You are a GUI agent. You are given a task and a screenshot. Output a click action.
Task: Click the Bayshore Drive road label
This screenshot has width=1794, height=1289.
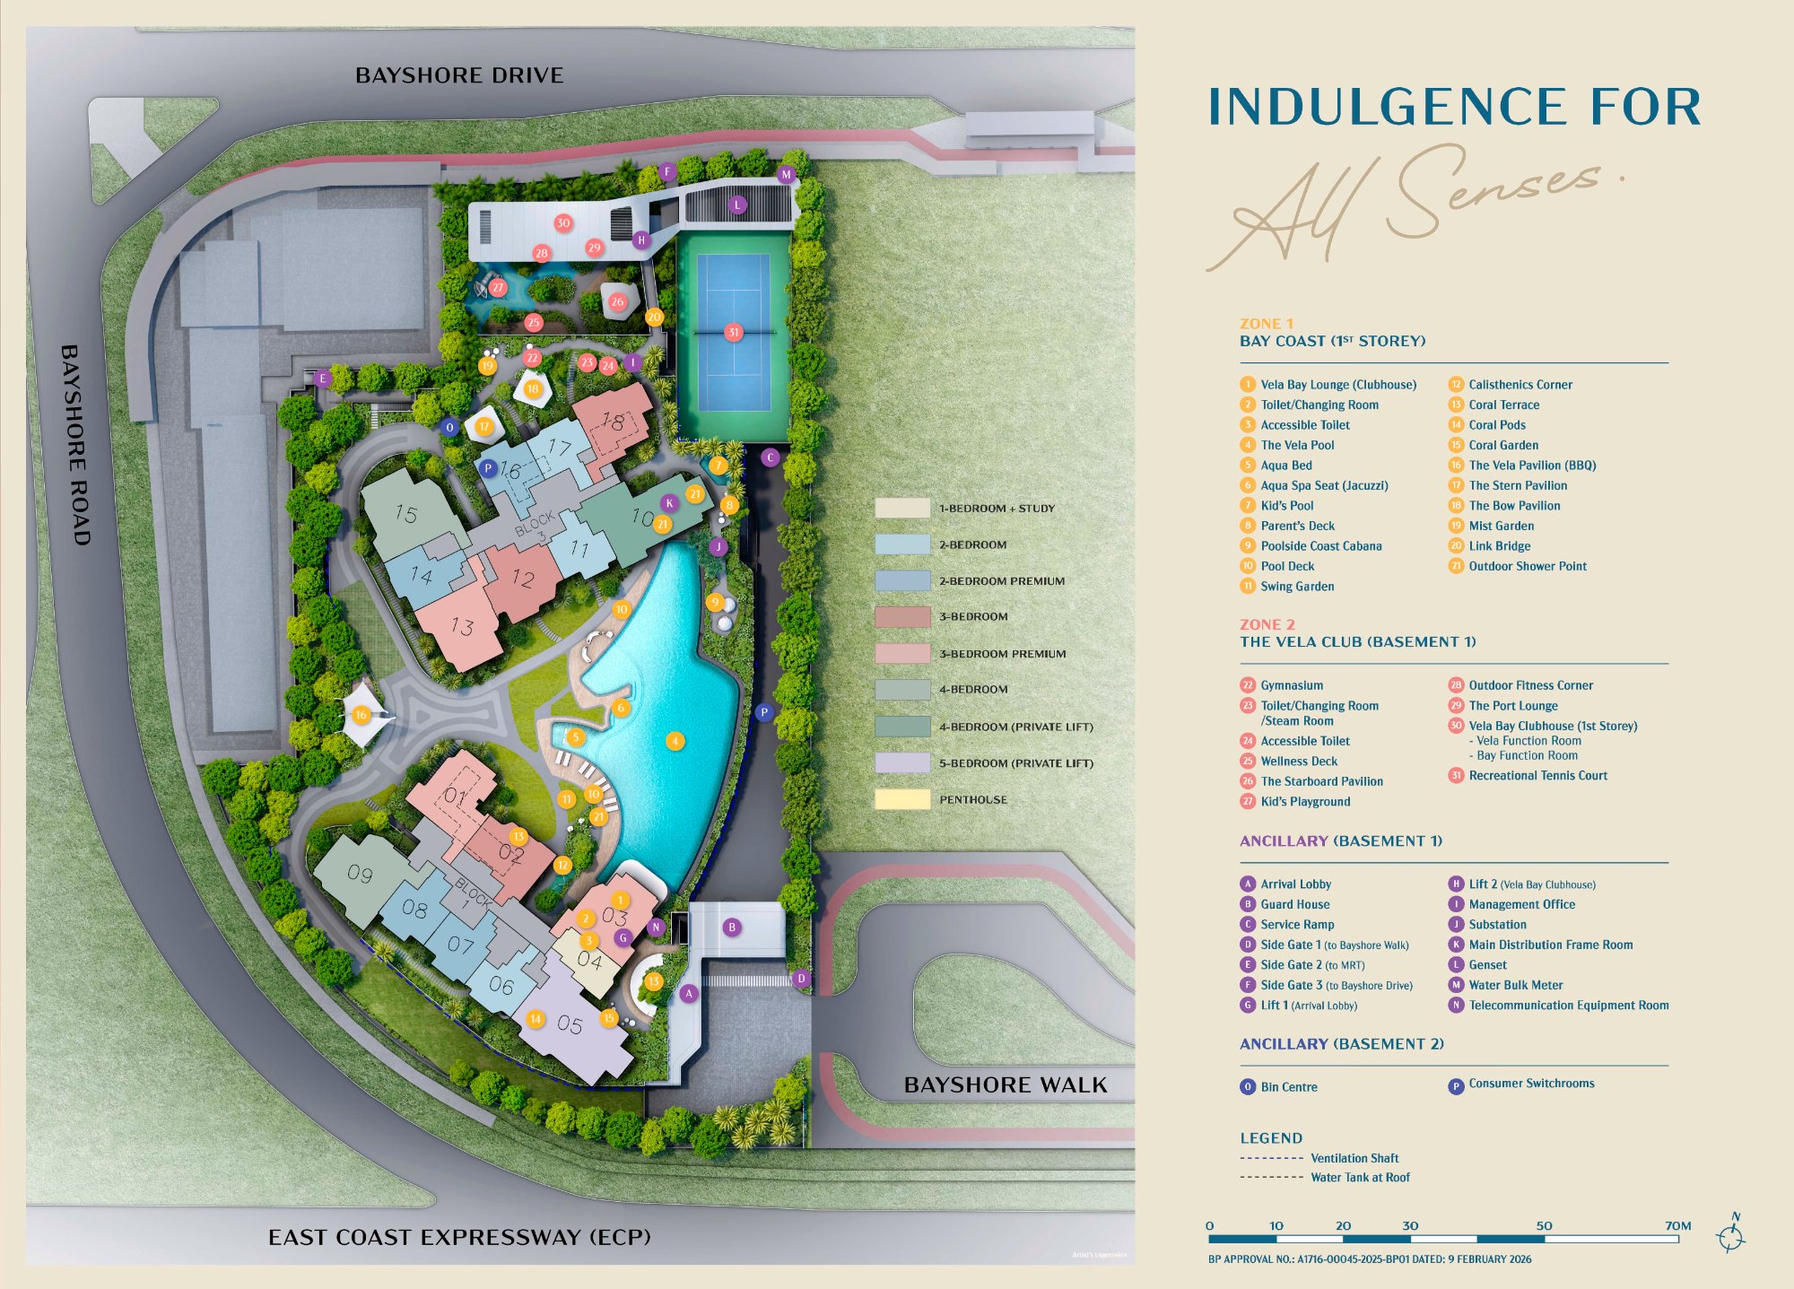[459, 75]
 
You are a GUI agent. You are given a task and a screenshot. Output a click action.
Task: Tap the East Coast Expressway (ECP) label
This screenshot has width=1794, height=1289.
[459, 1237]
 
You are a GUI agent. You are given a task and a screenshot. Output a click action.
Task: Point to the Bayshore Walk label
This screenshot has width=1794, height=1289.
[1006, 1085]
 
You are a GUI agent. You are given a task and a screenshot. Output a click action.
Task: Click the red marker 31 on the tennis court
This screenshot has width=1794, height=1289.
[734, 332]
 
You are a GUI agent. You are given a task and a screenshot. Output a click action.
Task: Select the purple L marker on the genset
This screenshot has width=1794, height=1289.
[737, 205]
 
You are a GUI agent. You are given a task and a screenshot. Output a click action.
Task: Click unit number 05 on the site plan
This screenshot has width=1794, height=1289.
[570, 1023]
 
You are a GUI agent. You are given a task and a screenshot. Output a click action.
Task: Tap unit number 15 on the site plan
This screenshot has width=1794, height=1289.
[406, 514]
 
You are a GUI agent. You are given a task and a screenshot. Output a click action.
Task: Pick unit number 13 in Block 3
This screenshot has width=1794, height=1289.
[462, 626]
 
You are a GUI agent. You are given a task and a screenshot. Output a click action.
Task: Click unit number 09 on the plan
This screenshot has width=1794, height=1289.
[360, 874]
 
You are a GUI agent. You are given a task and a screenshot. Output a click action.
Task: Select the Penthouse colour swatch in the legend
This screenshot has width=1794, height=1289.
[902, 799]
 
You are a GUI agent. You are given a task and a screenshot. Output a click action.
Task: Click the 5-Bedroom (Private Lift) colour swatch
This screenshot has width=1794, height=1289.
[902, 762]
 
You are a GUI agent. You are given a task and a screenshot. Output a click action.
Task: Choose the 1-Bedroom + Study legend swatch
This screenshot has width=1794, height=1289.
[902, 508]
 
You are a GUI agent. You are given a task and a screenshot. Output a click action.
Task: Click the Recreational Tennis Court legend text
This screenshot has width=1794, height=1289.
[1537, 776]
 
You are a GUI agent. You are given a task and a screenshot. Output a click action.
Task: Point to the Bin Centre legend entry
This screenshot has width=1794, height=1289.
[1288, 1087]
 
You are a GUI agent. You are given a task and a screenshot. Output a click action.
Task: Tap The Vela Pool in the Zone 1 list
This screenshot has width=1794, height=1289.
[1297, 445]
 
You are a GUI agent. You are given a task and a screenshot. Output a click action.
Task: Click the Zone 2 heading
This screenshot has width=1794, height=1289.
[1267, 624]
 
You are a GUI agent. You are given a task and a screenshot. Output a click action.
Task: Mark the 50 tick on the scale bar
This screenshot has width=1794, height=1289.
[1544, 1226]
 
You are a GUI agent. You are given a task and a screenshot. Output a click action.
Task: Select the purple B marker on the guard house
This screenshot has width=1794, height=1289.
[732, 928]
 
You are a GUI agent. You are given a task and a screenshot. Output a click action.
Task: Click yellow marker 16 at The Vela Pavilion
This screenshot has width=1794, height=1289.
[361, 715]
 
